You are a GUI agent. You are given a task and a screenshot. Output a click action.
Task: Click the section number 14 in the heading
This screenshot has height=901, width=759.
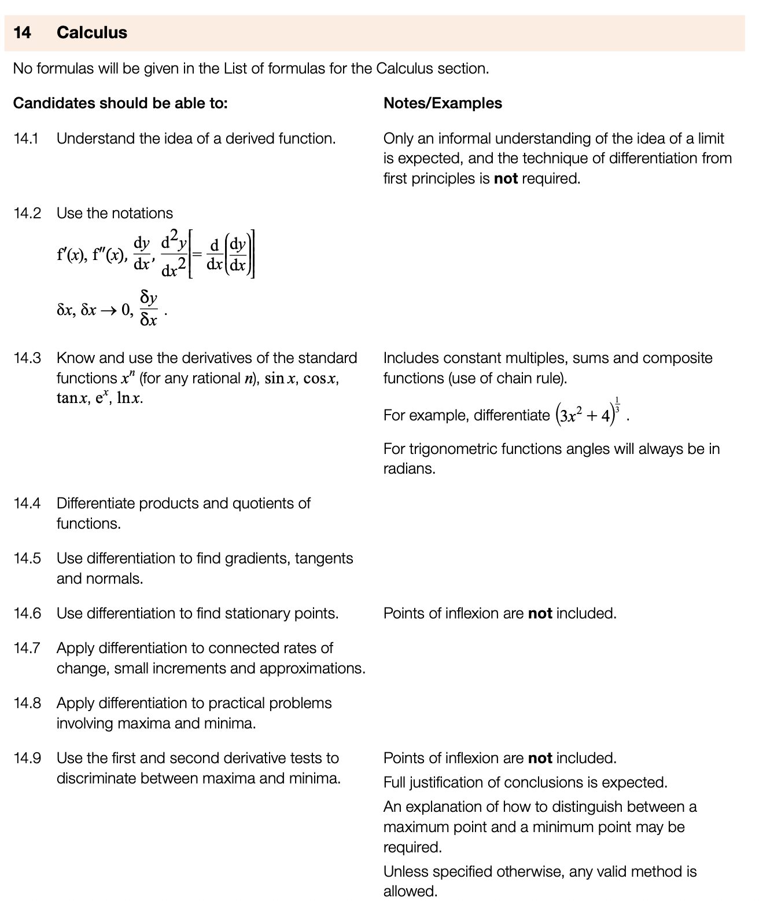pos(22,32)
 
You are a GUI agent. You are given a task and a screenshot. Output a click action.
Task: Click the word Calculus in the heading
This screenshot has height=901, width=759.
pos(92,32)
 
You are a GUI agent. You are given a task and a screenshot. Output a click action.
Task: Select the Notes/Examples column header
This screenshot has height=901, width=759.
pos(443,103)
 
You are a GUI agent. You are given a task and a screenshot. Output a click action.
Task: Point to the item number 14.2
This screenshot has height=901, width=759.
pos(27,213)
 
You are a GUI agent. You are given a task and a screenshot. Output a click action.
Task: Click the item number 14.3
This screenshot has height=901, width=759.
pos(27,358)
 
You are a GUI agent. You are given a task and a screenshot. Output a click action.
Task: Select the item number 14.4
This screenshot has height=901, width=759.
pos(27,503)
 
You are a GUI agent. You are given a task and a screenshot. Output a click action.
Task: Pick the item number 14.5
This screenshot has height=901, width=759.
pos(27,558)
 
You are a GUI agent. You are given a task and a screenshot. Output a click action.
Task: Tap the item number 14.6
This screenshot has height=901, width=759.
pos(27,613)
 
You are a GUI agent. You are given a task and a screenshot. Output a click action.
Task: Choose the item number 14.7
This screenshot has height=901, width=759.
pos(27,648)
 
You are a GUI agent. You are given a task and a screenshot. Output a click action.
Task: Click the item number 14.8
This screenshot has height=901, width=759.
pos(27,703)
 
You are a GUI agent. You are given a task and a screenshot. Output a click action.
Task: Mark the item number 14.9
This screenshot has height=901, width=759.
pos(27,758)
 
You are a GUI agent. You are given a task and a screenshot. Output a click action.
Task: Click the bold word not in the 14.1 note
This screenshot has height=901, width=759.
pos(506,178)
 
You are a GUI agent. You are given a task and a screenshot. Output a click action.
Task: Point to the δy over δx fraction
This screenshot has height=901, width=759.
pos(149,309)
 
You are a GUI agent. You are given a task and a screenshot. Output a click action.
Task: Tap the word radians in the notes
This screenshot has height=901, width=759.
pos(409,468)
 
